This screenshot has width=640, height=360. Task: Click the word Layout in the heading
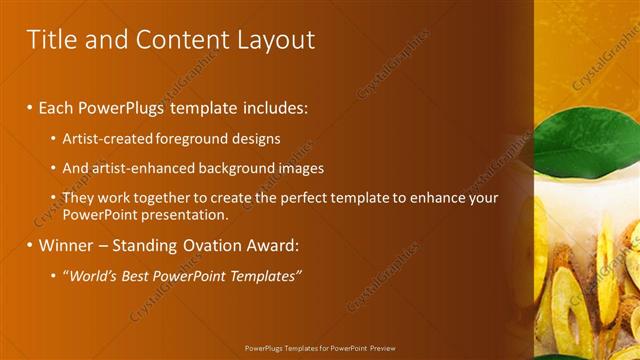click(275, 39)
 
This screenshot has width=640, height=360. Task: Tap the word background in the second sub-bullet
click(237, 168)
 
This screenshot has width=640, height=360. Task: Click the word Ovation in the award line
click(205, 245)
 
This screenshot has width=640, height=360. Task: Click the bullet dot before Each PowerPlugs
click(30, 106)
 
